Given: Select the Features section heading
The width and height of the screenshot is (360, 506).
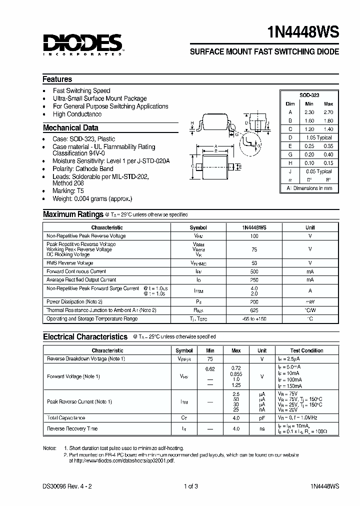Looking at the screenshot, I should pos(57,79).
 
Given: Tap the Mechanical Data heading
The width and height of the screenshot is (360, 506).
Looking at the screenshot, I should pos(70,127).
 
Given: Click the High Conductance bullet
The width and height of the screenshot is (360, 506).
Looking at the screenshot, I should pos(77,114).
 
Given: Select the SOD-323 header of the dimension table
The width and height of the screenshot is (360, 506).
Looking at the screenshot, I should pos(309,95).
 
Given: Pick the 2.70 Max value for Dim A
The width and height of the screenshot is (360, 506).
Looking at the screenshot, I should pos(328,112).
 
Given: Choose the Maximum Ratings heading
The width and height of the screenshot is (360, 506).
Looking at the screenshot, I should pos(73,214).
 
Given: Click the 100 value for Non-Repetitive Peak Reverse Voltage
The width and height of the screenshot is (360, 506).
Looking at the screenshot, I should pos(254,235).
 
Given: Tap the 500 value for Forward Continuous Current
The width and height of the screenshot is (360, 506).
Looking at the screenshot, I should pos(254,271).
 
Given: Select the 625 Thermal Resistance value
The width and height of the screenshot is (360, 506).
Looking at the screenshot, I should pos(254,310).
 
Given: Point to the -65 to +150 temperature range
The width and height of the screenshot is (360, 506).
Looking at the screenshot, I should pos(254,318).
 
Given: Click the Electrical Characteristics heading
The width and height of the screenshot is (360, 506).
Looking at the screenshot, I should pos(85,337).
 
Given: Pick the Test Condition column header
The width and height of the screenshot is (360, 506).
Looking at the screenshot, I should pos(306,350).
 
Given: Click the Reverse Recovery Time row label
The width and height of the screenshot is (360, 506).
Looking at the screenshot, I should pos(72,428).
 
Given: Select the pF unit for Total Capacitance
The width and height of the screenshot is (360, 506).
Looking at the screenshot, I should pos(262,418).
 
